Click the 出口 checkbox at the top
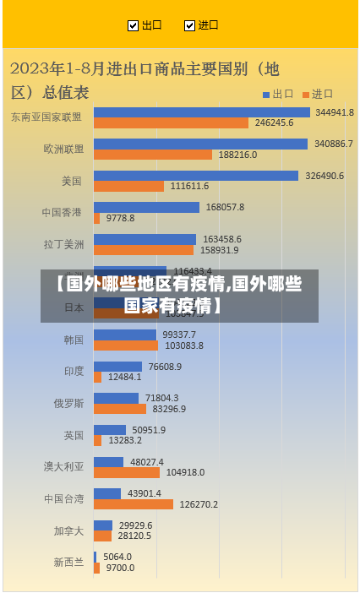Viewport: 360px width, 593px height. point(133,25)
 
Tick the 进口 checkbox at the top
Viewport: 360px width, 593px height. point(189,25)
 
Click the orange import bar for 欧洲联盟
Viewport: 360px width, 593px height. point(153,155)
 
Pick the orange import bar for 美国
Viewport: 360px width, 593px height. point(128,186)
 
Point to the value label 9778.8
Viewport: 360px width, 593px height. point(120,218)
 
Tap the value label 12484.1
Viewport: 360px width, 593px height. point(125,377)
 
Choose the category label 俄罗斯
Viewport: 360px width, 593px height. point(69,403)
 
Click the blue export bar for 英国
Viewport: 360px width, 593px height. point(110,430)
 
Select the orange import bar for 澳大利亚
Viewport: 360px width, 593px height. point(127,472)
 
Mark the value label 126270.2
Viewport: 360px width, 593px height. point(198,504)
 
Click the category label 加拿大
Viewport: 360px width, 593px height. point(69,530)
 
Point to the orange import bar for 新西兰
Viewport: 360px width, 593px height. point(97,568)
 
